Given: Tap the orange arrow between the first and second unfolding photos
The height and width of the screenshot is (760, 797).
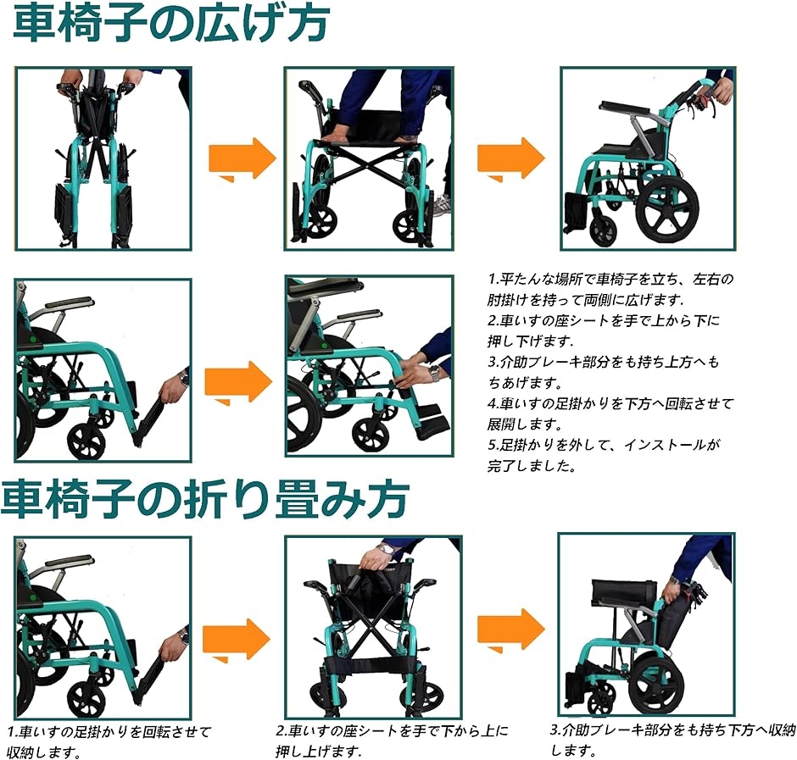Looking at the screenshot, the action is pyautogui.click(x=242, y=159).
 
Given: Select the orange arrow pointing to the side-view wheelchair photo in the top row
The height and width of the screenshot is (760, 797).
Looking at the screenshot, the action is pyautogui.click(x=510, y=159).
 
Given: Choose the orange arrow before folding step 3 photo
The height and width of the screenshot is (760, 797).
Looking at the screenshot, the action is pyautogui.click(x=510, y=630).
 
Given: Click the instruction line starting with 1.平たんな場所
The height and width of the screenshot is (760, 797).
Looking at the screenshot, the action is pyautogui.click(x=610, y=280).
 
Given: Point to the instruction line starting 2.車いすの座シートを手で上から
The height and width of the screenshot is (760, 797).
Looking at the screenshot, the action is pyautogui.click(x=604, y=320).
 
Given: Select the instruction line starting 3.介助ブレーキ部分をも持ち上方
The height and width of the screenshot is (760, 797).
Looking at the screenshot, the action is pyautogui.click(x=604, y=362).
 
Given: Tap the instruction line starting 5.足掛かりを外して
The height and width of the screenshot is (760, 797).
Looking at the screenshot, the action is pyautogui.click(x=604, y=445).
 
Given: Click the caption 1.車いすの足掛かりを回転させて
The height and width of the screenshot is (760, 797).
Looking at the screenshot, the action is pyautogui.click(x=109, y=731).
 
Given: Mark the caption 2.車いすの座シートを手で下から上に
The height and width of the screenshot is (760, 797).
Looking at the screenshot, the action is pyautogui.click(x=392, y=731).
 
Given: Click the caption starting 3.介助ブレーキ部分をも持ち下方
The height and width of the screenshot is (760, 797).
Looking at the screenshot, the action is pyautogui.click(x=673, y=730).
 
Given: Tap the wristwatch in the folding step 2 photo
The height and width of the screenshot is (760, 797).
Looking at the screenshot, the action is pyautogui.click(x=386, y=549).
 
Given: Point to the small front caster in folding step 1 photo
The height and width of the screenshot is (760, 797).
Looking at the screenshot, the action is pyautogui.click(x=86, y=699).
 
